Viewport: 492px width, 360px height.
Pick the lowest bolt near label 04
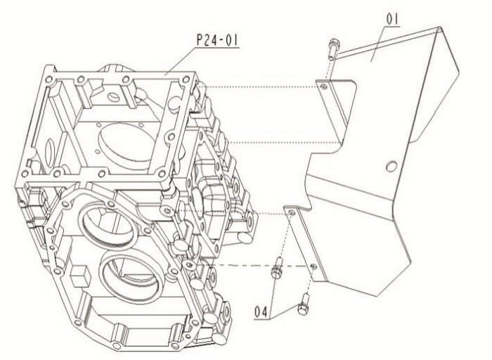pos(305,304)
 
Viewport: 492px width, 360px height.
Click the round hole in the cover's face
pos(391,166)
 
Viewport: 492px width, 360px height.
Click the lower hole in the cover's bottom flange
pos(312,266)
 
